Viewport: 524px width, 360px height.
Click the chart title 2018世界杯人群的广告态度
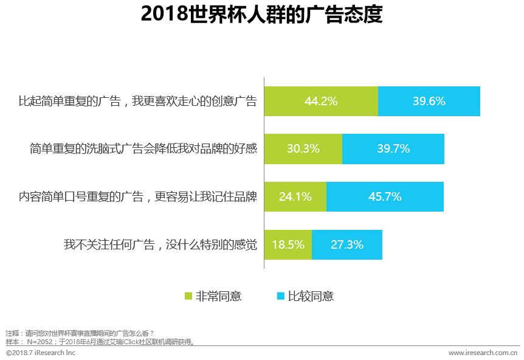point(261,15)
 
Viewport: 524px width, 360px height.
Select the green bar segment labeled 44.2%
point(321,102)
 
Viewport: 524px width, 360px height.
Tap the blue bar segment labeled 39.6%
point(429,102)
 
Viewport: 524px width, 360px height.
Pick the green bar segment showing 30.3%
point(303,148)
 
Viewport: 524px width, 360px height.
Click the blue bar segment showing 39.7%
point(393,148)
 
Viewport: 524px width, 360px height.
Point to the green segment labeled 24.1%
point(295,196)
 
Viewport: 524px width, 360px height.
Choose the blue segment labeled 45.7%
point(385,196)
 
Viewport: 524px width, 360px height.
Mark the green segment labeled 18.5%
point(288,245)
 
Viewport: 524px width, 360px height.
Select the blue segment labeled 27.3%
point(347,245)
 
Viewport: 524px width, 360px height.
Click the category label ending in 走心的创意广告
point(138,102)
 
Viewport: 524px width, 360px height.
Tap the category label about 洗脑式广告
point(143,148)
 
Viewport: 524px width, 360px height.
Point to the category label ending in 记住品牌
point(138,196)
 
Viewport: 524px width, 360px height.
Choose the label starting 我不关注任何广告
point(160,245)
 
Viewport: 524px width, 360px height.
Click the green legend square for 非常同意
point(188,296)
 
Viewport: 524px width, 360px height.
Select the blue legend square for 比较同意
point(281,296)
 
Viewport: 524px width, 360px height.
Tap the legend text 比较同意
point(311,296)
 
